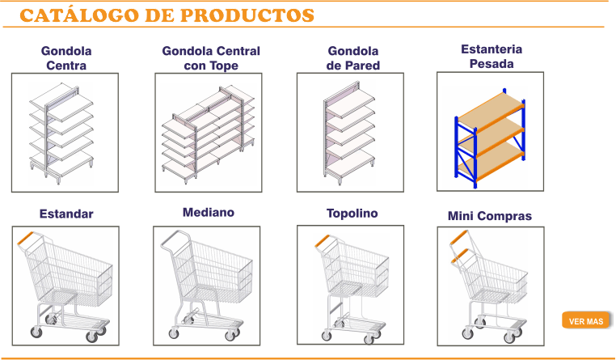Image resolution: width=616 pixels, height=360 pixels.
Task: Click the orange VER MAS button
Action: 587,320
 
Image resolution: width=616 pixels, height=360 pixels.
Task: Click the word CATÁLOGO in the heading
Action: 79,15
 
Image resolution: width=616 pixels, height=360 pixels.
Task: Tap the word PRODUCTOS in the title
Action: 247,15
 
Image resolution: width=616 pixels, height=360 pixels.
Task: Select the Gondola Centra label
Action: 66,58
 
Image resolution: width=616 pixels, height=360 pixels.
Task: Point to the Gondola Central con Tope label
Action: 211,58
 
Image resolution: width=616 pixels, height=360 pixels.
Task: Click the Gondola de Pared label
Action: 352,58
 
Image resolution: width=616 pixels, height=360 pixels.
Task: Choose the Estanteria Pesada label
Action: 492,57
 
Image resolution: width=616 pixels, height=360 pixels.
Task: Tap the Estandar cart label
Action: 66,214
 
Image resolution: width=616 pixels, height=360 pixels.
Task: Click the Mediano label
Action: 209,213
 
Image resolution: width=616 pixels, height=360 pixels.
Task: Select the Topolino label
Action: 352,214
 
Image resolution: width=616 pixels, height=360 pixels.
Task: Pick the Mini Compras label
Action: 490,216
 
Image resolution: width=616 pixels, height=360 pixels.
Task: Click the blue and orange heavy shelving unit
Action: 490,138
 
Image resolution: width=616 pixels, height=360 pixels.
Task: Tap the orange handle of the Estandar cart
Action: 26,238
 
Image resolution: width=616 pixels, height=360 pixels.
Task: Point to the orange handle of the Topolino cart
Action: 322,240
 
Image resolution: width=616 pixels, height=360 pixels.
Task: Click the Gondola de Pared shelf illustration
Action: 349,133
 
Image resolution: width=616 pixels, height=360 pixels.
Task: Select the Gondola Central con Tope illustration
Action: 209,134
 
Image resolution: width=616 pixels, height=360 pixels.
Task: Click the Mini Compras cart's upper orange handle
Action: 458,236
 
